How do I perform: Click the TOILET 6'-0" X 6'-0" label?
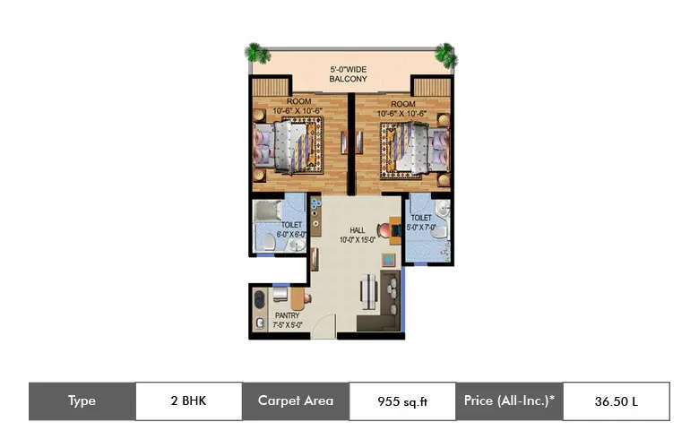pyautogui.click(x=292, y=229)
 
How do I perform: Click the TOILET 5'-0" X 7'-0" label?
pyautogui.click(x=421, y=222)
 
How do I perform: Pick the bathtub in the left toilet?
pyautogui.click(x=268, y=212)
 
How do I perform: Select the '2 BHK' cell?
pyautogui.click(x=188, y=401)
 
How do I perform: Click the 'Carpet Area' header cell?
pyautogui.click(x=295, y=401)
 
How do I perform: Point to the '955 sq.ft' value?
pyautogui.click(x=402, y=401)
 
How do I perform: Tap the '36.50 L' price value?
pyautogui.click(x=616, y=401)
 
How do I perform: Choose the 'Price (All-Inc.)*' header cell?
pyautogui.click(x=509, y=401)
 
